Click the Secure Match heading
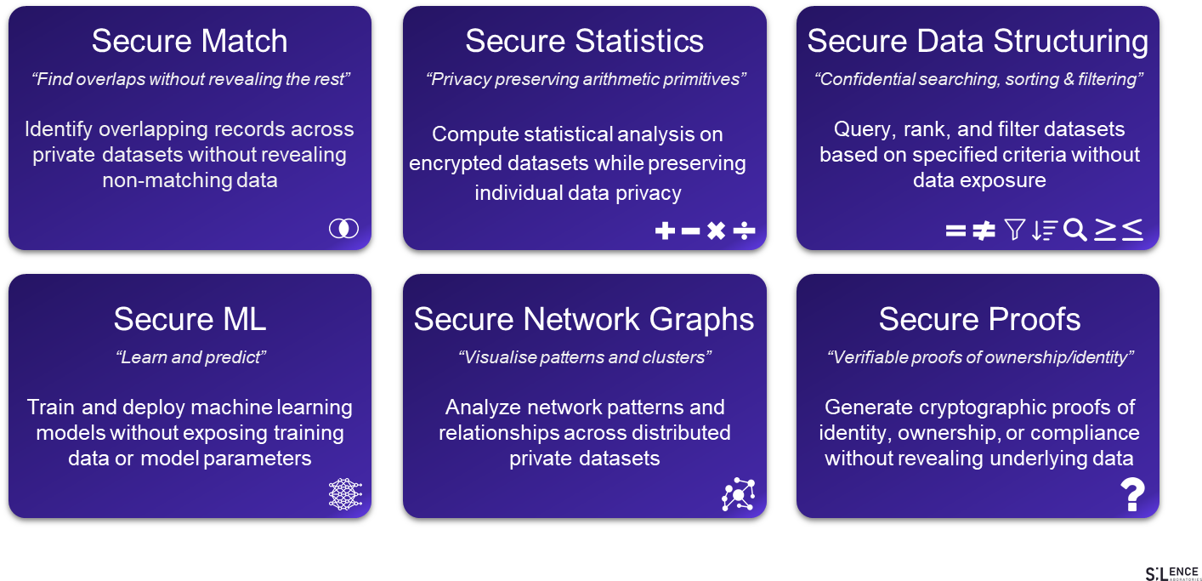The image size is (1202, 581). pos(190,41)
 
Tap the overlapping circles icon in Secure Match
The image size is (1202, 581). pos(343,228)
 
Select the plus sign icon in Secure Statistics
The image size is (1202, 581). pos(665,231)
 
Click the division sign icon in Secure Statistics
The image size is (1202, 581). pos(744,231)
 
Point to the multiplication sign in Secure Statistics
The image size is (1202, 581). pos(717,231)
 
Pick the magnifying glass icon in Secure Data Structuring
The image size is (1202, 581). pos(1075,230)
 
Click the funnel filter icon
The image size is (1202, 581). pos(1014,230)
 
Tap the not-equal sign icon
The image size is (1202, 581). pos(984,231)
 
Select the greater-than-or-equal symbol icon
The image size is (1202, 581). pos(1104,229)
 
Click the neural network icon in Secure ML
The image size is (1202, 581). pos(344,494)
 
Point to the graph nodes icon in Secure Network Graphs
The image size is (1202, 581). pos(738,494)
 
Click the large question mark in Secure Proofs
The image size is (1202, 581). pos(1132,494)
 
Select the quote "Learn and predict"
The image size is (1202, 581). pos(190,357)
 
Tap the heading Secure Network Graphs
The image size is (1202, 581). pos(584,319)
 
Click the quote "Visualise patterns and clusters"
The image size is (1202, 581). pos(584,357)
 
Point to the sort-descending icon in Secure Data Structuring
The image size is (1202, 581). pos(1044,230)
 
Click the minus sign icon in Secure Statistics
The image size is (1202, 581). pos(690,231)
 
